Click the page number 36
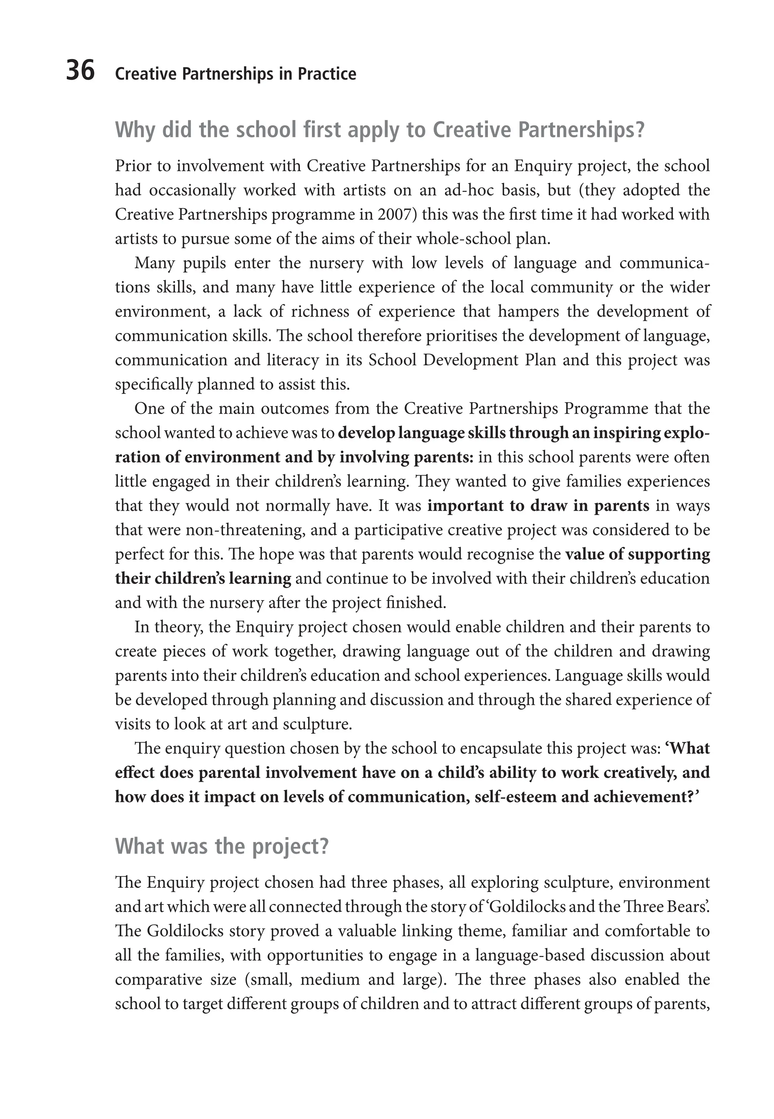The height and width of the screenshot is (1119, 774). [80, 71]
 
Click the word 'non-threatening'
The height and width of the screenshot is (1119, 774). [245, 530]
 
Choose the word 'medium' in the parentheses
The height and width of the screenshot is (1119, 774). [330, 980]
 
